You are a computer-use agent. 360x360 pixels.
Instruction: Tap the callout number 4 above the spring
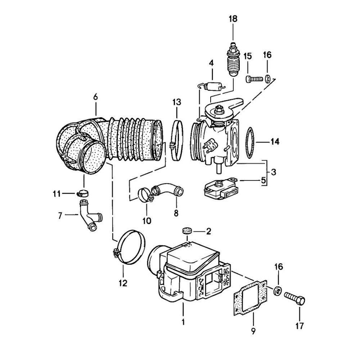211,63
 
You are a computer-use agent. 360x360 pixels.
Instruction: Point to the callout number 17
300,327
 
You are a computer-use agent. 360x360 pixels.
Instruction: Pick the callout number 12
123,283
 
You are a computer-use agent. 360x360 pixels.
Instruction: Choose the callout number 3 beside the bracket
274,172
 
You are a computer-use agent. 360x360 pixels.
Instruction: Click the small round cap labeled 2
186,230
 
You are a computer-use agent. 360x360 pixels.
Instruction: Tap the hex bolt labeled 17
295,298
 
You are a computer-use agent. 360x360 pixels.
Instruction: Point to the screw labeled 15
254,78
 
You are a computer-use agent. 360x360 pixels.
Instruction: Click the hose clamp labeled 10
145,195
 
